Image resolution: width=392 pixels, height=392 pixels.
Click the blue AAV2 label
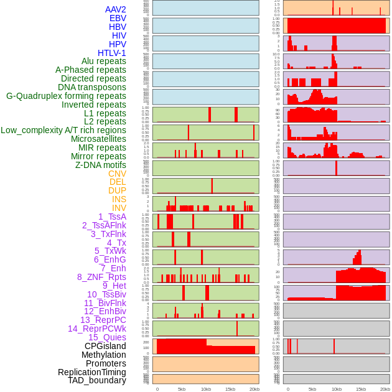[116, 9]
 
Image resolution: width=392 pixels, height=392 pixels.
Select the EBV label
[118, 18]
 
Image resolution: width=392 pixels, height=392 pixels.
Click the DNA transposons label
[92, 87]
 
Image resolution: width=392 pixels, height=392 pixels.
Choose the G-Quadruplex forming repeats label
[66, 96]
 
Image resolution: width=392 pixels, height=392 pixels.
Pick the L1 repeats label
[105, 113]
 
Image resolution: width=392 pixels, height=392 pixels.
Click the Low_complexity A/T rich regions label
[63, 130]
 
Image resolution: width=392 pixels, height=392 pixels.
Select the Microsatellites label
[98, 139]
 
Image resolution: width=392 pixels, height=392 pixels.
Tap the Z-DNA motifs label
[101, 165]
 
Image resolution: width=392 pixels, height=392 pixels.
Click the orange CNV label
[117, 174]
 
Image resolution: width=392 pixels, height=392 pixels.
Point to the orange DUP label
[117, 190]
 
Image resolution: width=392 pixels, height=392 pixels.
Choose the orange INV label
[119, 208]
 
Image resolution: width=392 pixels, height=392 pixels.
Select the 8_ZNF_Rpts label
[101, 277]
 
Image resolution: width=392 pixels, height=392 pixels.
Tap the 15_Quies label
[107, 337]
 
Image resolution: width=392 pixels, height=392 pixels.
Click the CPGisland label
[105, 346]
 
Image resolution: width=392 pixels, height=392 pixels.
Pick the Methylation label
[104, 355]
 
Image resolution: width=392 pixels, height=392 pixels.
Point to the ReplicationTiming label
[92, 372]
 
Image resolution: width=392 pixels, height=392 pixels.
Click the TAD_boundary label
[97, 380]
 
